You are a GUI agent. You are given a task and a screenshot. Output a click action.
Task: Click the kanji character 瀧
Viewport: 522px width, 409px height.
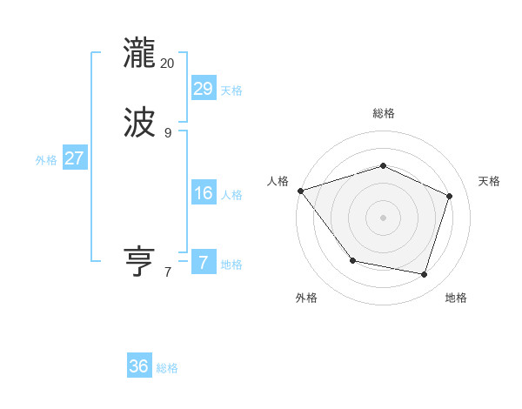(139, 52)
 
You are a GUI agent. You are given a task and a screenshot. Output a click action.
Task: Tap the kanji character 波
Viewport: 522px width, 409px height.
(139, 123)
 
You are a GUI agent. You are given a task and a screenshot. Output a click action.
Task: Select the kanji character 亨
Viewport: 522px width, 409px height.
(139, 263)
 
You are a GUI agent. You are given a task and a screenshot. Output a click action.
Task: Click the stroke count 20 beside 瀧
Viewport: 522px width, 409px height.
(168, 63)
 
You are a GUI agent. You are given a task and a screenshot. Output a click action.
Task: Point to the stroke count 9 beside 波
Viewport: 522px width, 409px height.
(168, 133)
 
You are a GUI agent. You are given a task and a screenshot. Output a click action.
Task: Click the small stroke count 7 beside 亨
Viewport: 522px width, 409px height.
(168, 272)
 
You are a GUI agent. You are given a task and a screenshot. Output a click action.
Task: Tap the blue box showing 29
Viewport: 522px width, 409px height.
(204, 88)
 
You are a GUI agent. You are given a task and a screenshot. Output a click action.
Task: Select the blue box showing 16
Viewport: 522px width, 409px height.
(204, 193)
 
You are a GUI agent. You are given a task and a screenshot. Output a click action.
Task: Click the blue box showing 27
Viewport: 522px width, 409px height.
(75, 158)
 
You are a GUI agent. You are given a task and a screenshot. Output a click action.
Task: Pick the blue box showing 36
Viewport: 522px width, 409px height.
(139, 366)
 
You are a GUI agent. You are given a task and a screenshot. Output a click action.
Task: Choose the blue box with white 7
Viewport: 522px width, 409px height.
(204, 263)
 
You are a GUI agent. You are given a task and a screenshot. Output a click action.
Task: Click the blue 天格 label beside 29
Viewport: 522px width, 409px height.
(231, 91)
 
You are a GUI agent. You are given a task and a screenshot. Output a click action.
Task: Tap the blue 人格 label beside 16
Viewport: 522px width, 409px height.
(231, 195)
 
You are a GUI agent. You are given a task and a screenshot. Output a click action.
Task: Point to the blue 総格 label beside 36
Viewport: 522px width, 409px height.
(167, 368)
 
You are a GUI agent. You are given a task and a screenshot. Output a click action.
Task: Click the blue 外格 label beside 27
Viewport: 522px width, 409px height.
(46, 160)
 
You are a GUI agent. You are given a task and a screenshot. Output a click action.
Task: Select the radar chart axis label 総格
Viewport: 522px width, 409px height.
(383, 113)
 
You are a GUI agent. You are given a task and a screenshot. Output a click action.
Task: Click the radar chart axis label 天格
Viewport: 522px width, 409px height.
(490, 181)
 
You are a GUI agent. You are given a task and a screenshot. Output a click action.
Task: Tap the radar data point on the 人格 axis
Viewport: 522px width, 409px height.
(300, 191)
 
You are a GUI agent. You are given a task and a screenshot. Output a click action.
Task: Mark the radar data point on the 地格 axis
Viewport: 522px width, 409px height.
(425, 274)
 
